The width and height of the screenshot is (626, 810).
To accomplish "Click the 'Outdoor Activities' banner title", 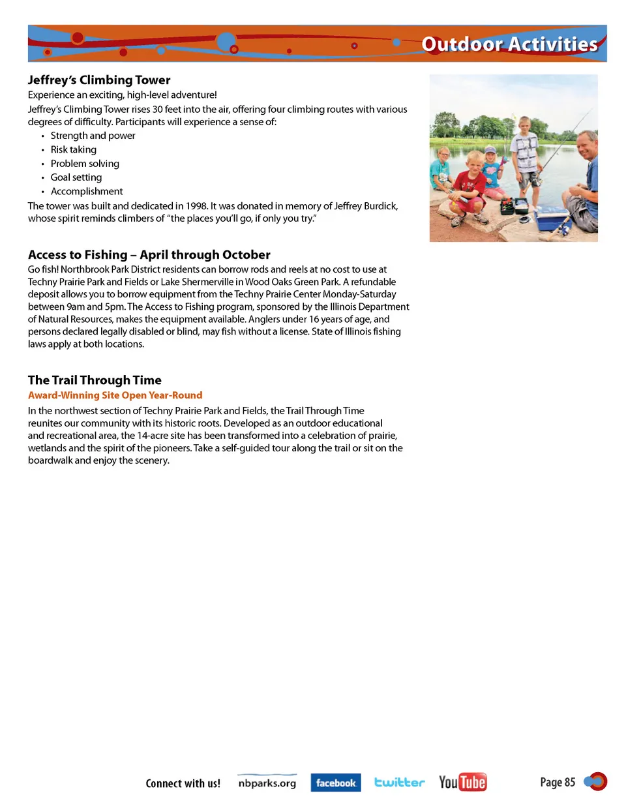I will [509, 44].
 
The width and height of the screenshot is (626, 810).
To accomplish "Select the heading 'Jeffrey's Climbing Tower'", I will [99, 80].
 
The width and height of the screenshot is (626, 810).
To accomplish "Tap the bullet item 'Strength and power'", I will [93, 136].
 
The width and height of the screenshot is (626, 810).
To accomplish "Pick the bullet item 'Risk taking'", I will [73, 149].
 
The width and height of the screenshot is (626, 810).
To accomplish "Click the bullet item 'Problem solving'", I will [85, 164].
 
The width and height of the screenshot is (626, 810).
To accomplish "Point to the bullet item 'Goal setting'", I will [76, 177].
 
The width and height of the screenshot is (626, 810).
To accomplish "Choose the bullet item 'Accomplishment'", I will [86, 191].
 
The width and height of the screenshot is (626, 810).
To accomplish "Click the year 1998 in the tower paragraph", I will [196, 206].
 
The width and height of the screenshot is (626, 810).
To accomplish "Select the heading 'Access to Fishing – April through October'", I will [149, 255].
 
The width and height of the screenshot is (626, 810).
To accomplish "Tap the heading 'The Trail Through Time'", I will [95, 380].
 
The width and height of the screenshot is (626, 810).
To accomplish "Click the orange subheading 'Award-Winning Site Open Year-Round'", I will [115, 395].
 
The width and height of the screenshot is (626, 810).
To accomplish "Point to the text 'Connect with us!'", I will [183, 783].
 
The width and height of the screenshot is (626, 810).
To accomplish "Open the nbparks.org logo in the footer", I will [267, 783].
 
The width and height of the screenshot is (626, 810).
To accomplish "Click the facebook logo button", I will [336, 783].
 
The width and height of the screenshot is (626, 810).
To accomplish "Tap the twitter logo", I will [399, 782].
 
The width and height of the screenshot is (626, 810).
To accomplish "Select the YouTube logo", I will [462, 782].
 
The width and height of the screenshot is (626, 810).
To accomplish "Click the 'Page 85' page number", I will [558, 782].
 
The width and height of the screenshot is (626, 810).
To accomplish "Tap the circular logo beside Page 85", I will [596, 781].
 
